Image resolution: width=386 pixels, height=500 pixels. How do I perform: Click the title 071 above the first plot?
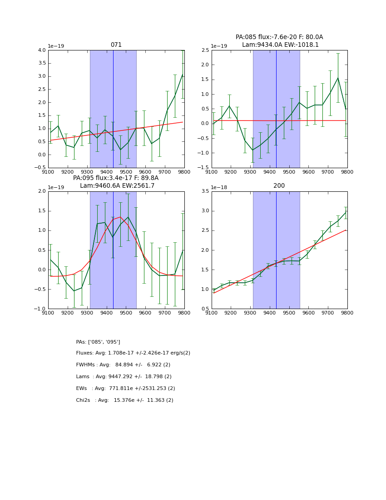tap(116, 45)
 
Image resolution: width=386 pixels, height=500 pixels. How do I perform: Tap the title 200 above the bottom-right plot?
tap(279, 186)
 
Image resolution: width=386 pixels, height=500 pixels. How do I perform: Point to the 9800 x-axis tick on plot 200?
tap(347, 313)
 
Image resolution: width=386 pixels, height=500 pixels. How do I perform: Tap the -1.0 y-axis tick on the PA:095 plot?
tap(40, 309)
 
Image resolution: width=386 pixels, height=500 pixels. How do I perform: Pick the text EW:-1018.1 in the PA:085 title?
tap(302, 45)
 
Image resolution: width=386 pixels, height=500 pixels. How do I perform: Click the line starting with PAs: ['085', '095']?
tap(98, 342)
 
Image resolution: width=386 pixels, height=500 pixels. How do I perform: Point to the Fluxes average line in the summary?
tap(133, 353)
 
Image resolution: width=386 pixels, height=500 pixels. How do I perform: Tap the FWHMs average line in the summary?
tap(123, 365)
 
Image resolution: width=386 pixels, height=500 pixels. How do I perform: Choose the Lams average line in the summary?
tap(124, 377)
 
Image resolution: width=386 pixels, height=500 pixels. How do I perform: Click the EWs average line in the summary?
tap(125, 389)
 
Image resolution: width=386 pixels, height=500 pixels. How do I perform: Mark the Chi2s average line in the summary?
tap(124, 400)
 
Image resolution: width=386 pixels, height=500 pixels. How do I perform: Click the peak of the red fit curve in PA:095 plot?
tap(120, 217)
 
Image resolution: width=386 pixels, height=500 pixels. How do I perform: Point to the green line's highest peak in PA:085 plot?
tap(337, 78)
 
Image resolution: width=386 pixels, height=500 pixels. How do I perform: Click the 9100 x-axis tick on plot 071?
tap(48, 172)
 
